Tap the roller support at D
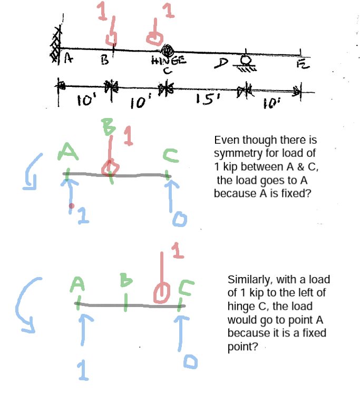(x=245, y=62)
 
